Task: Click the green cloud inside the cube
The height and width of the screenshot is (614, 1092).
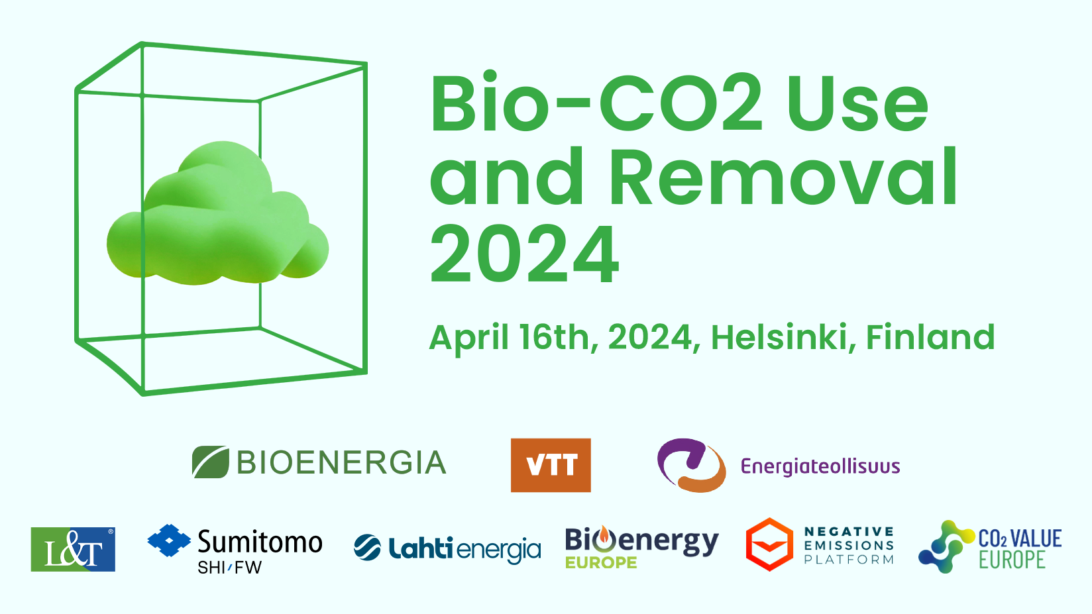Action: pos(217,215)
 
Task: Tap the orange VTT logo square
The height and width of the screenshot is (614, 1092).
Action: pos(551,465)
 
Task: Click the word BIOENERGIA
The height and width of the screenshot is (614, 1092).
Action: pos(341,462)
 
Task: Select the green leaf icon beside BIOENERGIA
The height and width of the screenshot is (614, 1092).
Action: pos(211,462)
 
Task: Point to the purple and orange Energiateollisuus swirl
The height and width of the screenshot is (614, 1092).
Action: pos(691,465)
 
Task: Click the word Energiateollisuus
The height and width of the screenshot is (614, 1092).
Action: pos(820,466)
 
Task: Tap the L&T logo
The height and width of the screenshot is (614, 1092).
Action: pos(73,549)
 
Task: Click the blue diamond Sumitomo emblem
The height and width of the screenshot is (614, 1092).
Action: pos(169,540)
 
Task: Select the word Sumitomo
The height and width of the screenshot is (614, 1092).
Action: pos(260,542)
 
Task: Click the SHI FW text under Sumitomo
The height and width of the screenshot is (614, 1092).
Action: pos(230,568)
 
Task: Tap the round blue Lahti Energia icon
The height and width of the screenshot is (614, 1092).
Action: pos(367,548)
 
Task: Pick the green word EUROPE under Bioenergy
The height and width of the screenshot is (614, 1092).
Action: pos(601,562)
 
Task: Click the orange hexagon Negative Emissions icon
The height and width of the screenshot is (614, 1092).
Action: pos(769,544)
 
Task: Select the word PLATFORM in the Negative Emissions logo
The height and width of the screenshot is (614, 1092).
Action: pos(849,560)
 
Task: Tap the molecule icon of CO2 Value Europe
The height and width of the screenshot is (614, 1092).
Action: pos(946,546)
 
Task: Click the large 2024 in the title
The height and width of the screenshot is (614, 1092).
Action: pos(524,254)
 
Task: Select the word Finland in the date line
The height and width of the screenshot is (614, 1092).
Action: pos(930,336)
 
